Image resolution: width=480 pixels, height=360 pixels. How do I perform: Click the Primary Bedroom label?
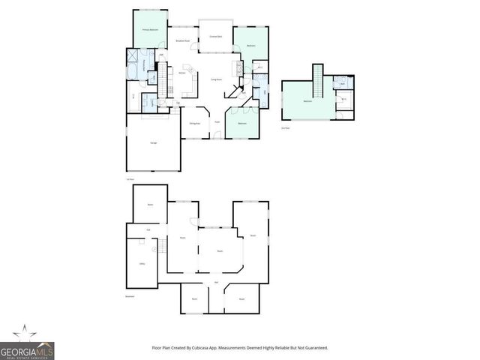click(150, 29)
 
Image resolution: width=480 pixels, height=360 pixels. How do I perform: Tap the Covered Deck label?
click(215, 36)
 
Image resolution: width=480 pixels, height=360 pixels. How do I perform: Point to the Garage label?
click(153, 142)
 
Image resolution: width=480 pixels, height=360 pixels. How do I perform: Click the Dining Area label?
click(193, 122)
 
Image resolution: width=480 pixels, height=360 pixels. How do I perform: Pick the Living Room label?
click(216, 79)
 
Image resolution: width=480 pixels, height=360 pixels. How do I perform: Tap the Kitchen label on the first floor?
click(182, 73)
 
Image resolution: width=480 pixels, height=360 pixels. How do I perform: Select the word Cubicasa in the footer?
click(221, 347)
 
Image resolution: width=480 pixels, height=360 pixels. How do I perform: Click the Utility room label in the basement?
click(142, 263)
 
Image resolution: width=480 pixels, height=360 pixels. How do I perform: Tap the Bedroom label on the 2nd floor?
click(307, 101)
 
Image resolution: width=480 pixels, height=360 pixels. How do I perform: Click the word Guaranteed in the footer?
click(318, 347)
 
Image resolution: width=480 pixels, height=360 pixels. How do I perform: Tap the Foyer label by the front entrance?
click(217, 122)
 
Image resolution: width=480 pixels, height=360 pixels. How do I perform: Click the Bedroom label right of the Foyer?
click(242, 123)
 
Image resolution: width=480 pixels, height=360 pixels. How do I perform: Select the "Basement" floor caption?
click(130, 295)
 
